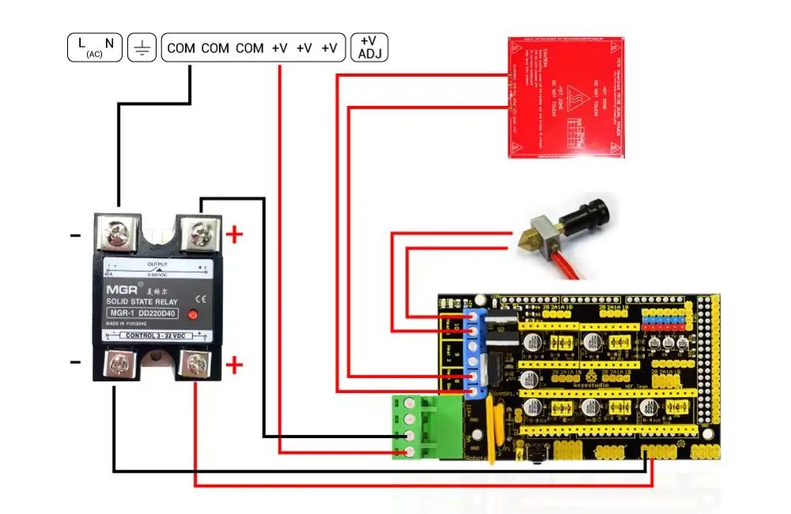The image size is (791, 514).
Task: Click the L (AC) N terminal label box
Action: tap(93, 48)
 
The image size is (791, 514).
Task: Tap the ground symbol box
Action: tap(142, 48)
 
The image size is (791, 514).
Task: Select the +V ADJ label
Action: tap(369, 47)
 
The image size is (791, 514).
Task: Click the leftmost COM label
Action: tap(181, 48)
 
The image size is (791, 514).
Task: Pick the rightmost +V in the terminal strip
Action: tap(329, 48)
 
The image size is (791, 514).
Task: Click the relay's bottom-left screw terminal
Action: tap(118, 365)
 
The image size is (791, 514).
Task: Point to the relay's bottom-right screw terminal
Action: tap(195, 365)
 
